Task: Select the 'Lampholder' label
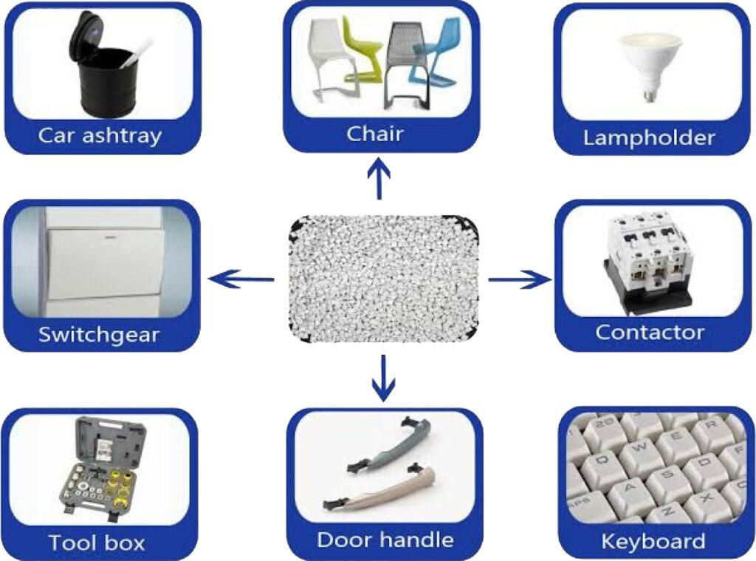click(649, 137)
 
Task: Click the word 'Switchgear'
click(99, 334)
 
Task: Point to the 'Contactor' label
click(650, 332)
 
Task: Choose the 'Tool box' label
click(97, 543)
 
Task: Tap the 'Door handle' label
click(385, 540)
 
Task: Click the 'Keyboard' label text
click(653, 541)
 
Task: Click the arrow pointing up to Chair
click(379, 180)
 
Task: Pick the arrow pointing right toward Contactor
click(520, 279)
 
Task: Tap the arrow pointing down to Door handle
click(383, 378)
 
